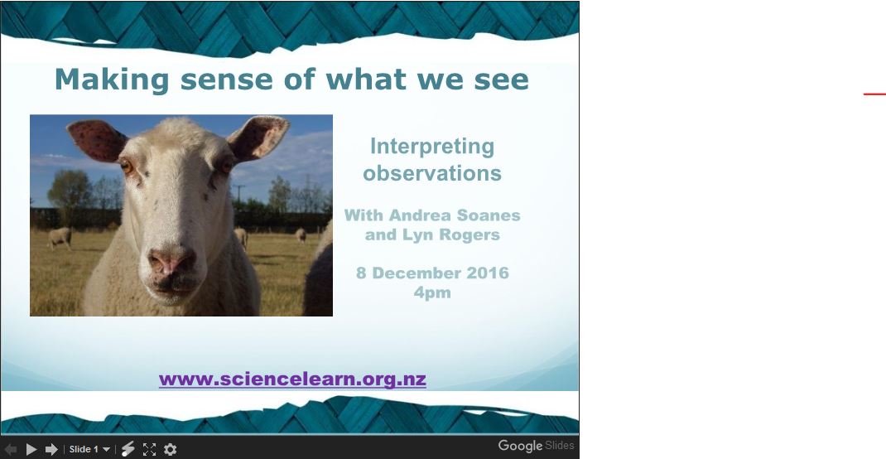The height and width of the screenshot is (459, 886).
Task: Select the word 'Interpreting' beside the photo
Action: pyautogui.click(x=431, y=147)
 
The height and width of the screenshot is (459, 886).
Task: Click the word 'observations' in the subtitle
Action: pyautogui.click(x=431, y=173)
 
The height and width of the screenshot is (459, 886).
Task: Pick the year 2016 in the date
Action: pyautogui.click(x=487, y=273)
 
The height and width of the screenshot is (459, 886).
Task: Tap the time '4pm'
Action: pyautogui.click(x=432, y=292)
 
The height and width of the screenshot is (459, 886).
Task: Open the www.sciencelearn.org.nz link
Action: pyautogui.click(x=292, y=379)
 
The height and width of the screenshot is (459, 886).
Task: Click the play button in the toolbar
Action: pyautogui.click(x=31, y=449)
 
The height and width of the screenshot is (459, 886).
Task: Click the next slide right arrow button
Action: pyautogui.click(x=51, y=449)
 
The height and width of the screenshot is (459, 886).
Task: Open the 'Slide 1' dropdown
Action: pyautogui.click(x=89, y=449)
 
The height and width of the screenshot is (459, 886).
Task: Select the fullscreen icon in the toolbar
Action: pyautogui.click(x=149, y=449)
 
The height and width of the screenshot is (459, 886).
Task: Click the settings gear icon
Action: pyautogui.click(x=170, y=449)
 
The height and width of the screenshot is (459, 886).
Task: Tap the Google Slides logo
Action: pyautogui.click(x=535, y=447)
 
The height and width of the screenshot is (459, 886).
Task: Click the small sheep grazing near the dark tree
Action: pyautogui.click(x=59, y=237)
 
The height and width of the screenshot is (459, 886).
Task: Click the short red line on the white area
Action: pyautogui.click(x=874, y=94)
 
